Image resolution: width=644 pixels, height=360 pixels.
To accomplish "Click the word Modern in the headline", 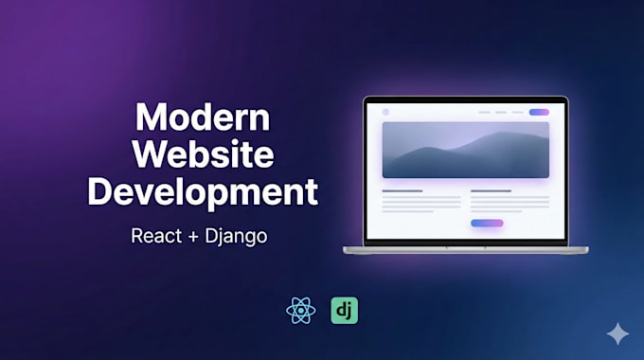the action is [203, 117].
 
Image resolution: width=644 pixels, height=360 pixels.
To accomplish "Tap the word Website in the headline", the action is [203, 154].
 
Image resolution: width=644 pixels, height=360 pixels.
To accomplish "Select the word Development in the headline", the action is [203, 192].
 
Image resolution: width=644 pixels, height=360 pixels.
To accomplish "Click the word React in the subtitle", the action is [156, 236].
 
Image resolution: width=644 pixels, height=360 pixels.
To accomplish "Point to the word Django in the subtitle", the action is [236, 237].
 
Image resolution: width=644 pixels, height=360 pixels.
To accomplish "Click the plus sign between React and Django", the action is [193, 237].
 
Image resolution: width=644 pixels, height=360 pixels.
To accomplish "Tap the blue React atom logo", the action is [301, 311].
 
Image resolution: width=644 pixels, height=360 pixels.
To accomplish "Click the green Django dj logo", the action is [344, 311].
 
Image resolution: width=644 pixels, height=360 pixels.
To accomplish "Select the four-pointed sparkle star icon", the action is [617, 333].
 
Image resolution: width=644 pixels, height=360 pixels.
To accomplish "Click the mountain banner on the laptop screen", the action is [466, 150].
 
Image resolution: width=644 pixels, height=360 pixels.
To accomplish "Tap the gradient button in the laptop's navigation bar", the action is [539, 112].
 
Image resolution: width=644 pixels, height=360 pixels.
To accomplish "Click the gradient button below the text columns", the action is [487, 224].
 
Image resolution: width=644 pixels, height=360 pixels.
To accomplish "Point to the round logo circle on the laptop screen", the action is [385, 112].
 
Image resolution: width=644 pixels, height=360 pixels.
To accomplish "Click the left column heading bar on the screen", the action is [402, 190].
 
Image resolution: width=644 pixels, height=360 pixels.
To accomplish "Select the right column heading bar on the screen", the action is [491, 190].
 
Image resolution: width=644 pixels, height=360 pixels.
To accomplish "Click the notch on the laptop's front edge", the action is [466, 248].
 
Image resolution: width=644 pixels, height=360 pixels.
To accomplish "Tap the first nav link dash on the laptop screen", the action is [484, 112].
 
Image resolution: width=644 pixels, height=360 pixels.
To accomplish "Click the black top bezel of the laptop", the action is [466, 99].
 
